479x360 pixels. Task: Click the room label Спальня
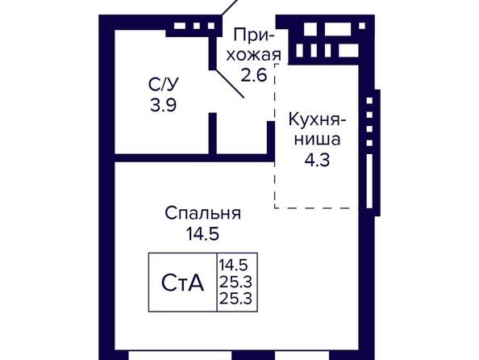[203, 214]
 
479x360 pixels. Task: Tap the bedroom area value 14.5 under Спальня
[202, 234]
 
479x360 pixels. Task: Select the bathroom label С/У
[163, 84]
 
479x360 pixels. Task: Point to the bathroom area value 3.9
[163, 105]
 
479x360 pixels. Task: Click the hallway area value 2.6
[254, 75]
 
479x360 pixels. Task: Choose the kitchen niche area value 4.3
[317, 160]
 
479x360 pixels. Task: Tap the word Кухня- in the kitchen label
[318, 119]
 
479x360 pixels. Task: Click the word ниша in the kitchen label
[317, 140]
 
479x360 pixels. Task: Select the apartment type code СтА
[182, 283]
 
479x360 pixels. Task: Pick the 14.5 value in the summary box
[233, 265]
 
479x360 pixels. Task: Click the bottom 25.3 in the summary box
[235, 299]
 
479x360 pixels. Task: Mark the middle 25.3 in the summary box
[235, 282]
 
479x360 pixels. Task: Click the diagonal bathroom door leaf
[230, 84]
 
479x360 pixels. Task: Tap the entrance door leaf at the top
[229, 7]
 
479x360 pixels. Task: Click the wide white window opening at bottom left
[180, 355]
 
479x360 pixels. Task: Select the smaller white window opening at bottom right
[302, 355]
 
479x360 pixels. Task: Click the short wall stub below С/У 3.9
[213, 133]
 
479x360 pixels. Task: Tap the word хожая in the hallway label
[253, 56]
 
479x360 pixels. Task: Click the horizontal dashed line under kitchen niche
[316, 208]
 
